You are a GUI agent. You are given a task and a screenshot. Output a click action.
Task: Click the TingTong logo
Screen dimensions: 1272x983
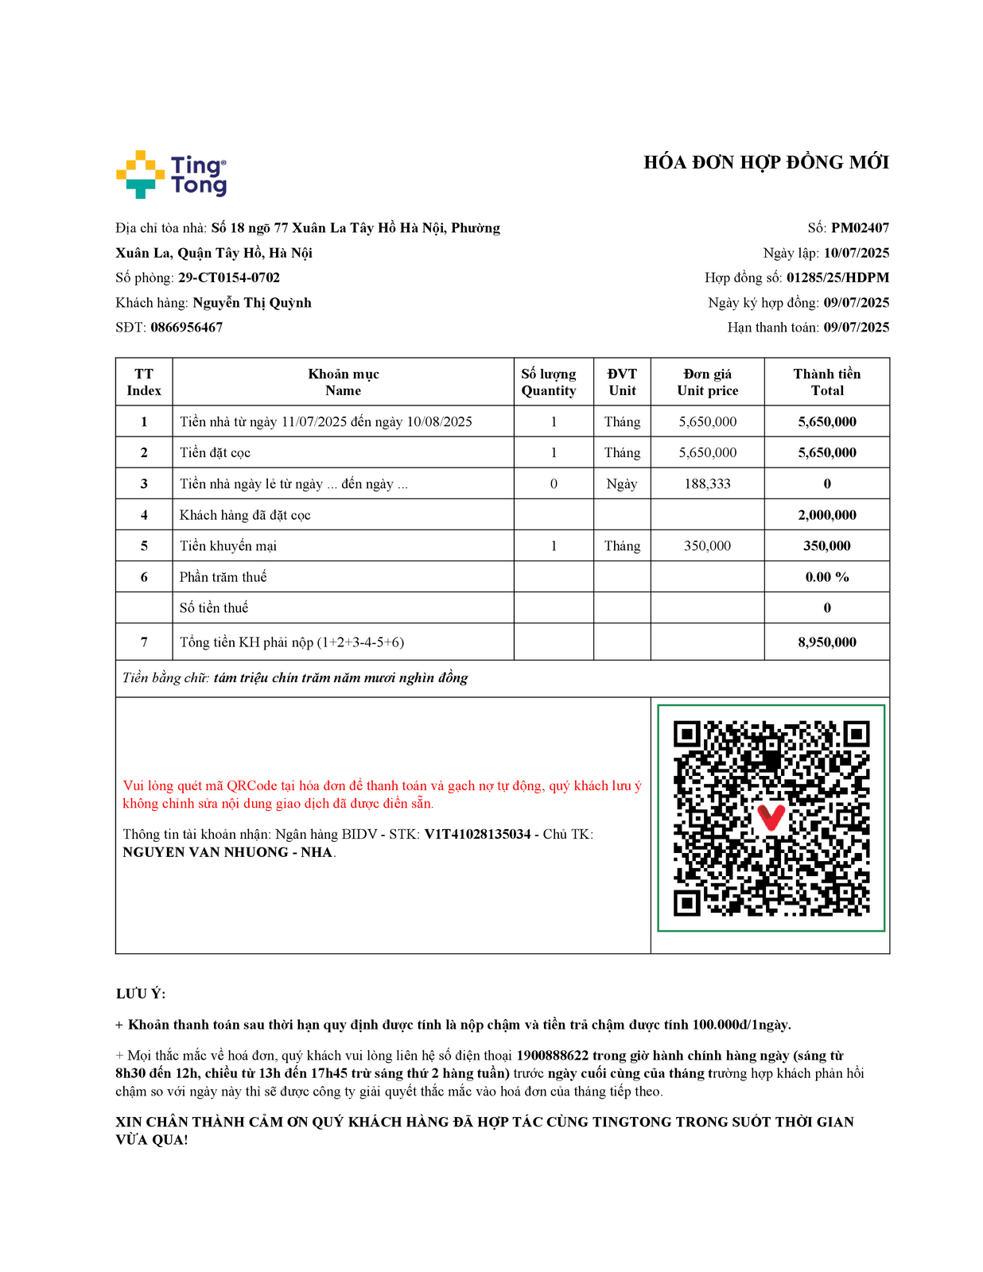[x=172, y=174]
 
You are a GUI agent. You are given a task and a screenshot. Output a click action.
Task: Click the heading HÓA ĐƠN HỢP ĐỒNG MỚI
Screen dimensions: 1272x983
[x=766, y=162]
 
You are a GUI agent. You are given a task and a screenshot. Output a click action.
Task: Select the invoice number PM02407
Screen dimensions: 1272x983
[x=860, y=228]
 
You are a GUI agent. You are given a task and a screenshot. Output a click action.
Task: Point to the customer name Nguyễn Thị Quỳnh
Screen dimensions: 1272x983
[x=252, y=303]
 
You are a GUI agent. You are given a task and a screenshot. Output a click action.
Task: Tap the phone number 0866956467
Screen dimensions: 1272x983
[x=186, y=328]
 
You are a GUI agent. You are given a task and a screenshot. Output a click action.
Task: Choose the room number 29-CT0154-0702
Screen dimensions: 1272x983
[x=229, y=277]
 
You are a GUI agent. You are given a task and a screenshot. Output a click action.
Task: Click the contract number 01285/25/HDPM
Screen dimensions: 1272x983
[x=837, y=277]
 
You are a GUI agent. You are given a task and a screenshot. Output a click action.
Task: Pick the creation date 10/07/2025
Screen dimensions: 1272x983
[x=856, y=253]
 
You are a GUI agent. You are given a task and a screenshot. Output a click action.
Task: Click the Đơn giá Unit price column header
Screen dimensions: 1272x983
[x=707, y=382]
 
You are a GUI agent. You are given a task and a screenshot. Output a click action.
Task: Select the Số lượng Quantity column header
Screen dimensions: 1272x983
[x=549, y=382]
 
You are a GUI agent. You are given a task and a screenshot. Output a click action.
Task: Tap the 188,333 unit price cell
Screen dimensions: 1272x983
[x=707, y=483]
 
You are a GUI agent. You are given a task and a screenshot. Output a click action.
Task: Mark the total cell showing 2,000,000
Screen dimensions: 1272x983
[x=827, y=515]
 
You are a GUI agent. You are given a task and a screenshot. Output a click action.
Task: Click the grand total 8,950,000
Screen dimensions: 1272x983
[x=827, y=642]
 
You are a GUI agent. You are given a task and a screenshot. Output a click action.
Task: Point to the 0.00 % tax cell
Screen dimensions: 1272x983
[x=827, y=577]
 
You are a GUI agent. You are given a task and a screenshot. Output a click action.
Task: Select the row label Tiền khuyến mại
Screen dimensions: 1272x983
[x=228, y=546]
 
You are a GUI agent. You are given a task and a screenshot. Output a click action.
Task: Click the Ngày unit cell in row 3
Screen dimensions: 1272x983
[x=621, y=483]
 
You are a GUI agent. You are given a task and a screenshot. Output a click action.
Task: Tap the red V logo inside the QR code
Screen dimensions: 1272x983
[x=771, y=816]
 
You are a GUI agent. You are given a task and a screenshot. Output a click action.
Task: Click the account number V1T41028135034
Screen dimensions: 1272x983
[x=477, y=834]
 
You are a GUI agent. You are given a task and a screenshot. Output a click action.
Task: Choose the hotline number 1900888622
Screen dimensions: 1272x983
[x=552, y=1056]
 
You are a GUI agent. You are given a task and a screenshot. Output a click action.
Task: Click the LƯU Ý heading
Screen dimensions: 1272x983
[x=140, y=994]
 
